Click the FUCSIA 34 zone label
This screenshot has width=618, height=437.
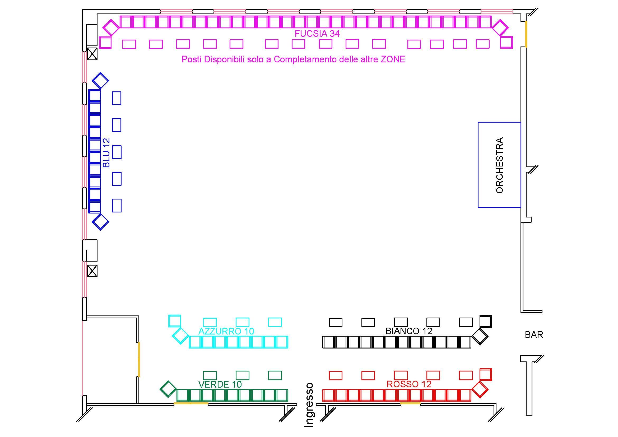(x=317, y=34)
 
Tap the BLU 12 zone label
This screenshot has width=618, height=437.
(x=106, y=152)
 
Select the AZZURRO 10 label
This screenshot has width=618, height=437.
(x=226, y=331)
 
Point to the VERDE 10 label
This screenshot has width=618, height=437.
(x=220, y=384)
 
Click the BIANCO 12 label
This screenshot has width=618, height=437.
(x=409, y=331)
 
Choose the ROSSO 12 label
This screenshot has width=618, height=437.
(x=409, y=384)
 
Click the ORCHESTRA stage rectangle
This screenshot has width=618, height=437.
(x=499, y=165)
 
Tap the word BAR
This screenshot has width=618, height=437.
(x=534, y=335)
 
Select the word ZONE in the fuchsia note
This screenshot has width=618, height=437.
(x=393, y=59)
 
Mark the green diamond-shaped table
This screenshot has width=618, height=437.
(x=168, y=389)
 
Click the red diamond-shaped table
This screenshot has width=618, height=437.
(x=480, y=389)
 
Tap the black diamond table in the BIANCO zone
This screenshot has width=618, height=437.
(x=480, y=336)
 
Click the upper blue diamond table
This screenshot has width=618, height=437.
(x=100, y=80)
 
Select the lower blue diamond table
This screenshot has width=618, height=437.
(x=100, y=222)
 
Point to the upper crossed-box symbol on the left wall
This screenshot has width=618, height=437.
(x=92, y=54)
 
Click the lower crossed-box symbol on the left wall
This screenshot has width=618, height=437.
(x=92, y=271)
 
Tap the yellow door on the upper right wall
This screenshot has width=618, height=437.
(x=526, y=34)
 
